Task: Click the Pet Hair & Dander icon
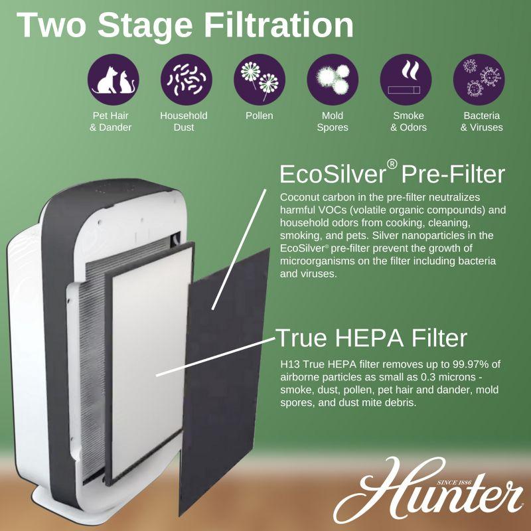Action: click(114, 80)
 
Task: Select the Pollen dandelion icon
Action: click(259, 80)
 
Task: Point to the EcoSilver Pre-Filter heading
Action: click(392, 174)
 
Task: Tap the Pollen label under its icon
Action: click(259, 115)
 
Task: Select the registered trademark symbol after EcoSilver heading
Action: click(392, 165)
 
